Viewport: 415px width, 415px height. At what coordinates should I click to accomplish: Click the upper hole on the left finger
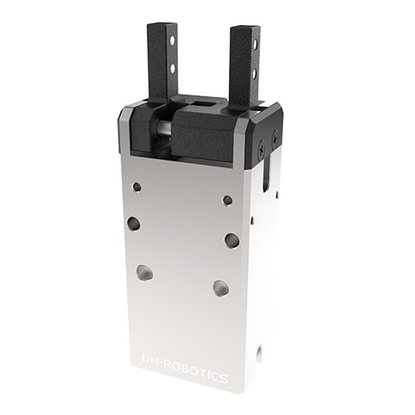[173, 41]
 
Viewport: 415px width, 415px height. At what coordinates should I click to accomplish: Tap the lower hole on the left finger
[173, 69]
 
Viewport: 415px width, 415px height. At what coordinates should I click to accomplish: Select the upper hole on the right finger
[255, 44]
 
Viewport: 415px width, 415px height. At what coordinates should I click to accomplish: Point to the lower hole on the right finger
[255, 73]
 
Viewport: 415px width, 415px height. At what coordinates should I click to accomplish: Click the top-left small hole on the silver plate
[137, 187]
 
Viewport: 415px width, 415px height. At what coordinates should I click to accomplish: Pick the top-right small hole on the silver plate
[227, 200]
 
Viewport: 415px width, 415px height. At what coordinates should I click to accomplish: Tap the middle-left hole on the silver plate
[133, 224]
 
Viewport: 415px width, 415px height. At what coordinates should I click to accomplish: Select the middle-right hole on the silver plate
[232, 240]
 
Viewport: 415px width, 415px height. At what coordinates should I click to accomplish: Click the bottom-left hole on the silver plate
[144, 272]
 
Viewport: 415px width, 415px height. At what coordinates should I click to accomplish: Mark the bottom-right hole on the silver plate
[221, 288]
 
